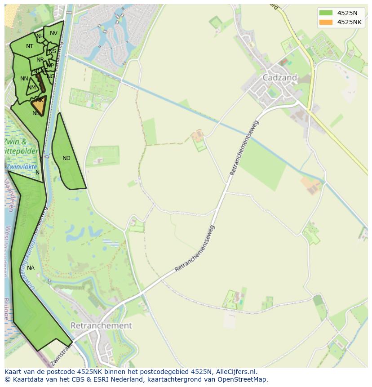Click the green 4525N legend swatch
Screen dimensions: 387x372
click(x=326, y=13)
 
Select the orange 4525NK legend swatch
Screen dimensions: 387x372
click(x=326, y=22)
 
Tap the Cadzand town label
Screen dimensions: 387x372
click(x=279, y=77)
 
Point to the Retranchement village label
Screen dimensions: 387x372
click(x=101, y=325)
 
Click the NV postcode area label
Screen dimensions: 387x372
click(x=53, y=33)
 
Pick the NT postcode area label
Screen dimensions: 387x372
click(x=30, y=46)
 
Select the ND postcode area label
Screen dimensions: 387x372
click(x=66, y=158)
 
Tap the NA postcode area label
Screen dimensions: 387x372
click(x=31, y=268)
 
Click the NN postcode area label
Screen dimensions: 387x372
click(x=24, y=79)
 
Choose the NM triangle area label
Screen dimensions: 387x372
click(x=31, y=88)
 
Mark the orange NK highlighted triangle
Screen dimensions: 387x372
click(x=39, y=106)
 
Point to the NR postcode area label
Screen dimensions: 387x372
click(x=40, y=60)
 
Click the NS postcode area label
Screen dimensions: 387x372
click(x=53, y=51)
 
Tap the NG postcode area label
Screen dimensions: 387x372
click(x=51, y=76)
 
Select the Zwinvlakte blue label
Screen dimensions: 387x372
click(x=22, y=166)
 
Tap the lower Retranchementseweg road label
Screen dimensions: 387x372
click(x=195, y=249)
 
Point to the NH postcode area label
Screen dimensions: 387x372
click(x=40, y=36)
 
